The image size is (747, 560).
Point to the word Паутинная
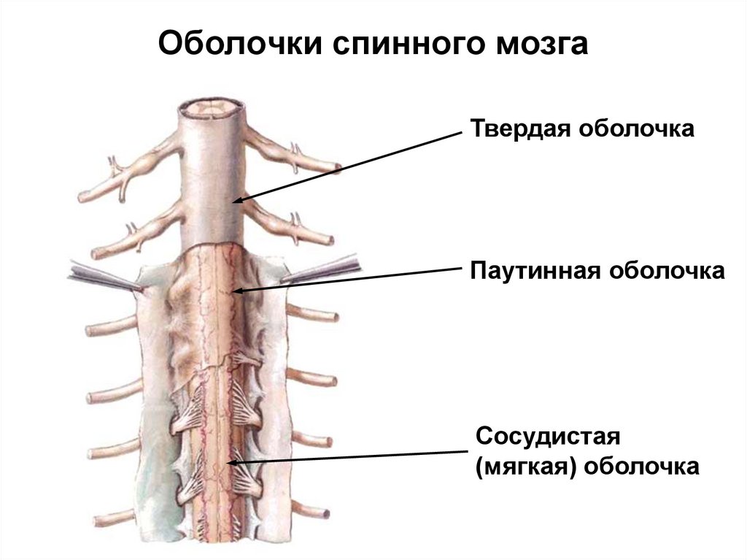click(535, 271)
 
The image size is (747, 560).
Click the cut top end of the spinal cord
click(212, 110)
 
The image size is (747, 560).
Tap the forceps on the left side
click(102, 276)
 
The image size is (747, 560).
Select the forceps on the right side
click(325, 269)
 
